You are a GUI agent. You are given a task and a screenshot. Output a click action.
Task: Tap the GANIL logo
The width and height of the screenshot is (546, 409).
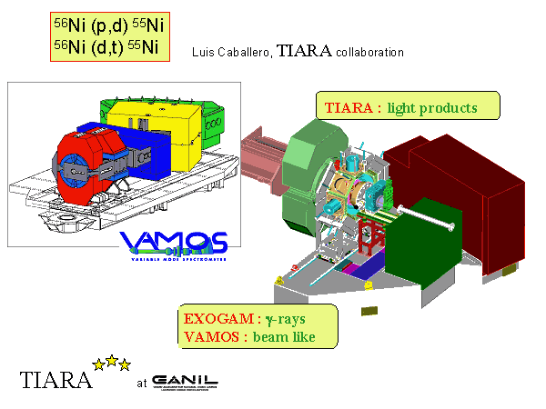click(x=185, y=379)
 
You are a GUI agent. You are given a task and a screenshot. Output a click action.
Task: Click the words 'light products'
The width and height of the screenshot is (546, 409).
click(x=431, y=108)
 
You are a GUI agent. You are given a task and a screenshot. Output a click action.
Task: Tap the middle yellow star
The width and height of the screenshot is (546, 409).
click(x=112, y=361)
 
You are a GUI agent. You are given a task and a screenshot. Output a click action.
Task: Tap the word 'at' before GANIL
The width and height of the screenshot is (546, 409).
click(x=141, y=383)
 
